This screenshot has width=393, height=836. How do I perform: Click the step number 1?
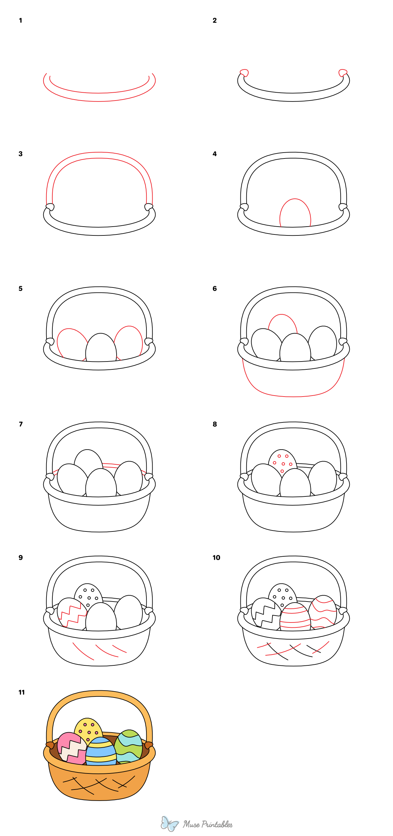click(21, 21)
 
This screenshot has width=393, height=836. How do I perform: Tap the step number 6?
click(215, 288)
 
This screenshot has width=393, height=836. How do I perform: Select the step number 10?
click(216, 558)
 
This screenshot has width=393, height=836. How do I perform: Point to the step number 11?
click(22, 692)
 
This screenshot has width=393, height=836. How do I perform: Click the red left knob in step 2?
click(244, 72)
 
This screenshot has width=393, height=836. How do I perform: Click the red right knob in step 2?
click(343, 72)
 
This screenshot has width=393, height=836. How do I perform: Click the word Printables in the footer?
click(217, 824)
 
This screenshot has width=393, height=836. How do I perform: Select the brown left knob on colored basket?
click(50, 745)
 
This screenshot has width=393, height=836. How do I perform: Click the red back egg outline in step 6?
click(282, 323)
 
